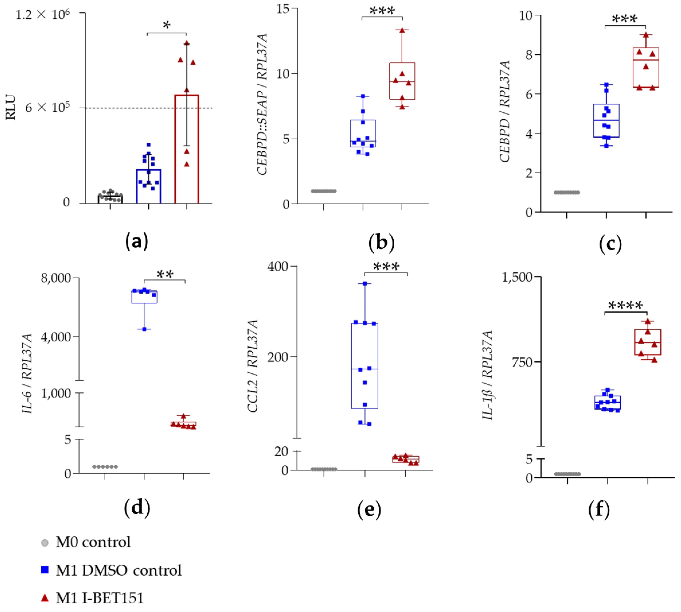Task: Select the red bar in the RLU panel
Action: [x=186, y=149]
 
